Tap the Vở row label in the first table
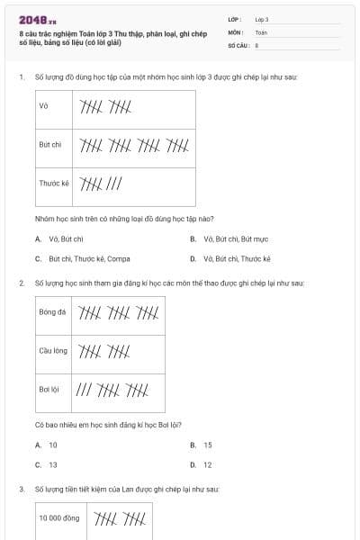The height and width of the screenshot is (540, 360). click(43, 106)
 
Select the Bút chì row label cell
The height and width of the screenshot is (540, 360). click(50, 144)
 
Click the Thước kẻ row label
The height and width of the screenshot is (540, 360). click(54, 183)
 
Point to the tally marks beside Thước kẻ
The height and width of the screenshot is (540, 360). click(102, 184)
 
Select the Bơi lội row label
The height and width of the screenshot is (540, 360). click(49, 390)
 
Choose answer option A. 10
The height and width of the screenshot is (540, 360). click(49, 445)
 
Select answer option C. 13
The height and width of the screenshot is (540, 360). click(49, 464)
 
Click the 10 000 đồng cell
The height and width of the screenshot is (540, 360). click(58, 517)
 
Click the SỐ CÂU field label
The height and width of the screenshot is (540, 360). click(238, 43)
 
